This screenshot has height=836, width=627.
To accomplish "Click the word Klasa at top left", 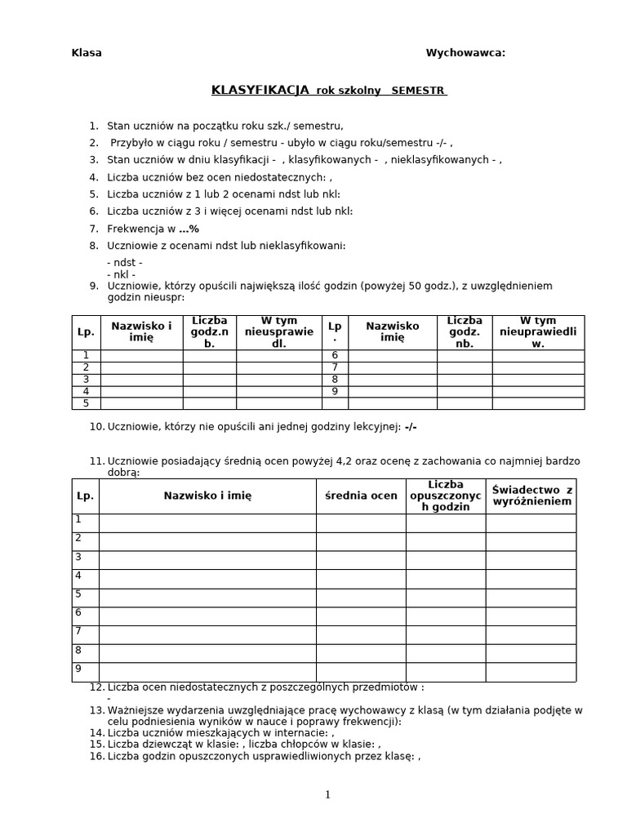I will pos(87,53).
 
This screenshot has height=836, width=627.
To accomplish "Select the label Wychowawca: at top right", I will pos(465,53).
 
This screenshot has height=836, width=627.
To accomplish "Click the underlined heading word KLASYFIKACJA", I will pos(260,90).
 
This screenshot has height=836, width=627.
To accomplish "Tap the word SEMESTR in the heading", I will pos(419,91).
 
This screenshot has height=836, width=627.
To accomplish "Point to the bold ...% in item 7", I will pos(189,229).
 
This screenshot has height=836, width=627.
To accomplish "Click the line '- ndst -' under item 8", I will pos(124,262).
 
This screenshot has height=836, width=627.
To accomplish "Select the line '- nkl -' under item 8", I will pos(121,274).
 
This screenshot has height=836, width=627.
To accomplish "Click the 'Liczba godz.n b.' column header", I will pos(209,332).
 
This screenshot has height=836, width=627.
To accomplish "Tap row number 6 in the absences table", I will pos(335,356).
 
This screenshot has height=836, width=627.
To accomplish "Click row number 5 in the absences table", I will pos(86,403).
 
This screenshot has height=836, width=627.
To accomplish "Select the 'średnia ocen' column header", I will pos(361,496).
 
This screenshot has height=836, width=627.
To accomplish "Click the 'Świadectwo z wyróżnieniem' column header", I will pos(531,496).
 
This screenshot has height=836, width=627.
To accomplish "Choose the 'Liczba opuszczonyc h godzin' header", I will pos(445,496).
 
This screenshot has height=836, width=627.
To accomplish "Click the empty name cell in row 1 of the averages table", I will pos(207,522).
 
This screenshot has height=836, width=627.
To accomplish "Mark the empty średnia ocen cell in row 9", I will pos(361,672).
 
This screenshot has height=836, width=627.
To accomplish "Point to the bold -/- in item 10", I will pos(411,427).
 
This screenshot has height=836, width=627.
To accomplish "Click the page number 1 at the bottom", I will pos(327,794).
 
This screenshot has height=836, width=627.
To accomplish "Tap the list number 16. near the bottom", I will pos(96,756).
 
